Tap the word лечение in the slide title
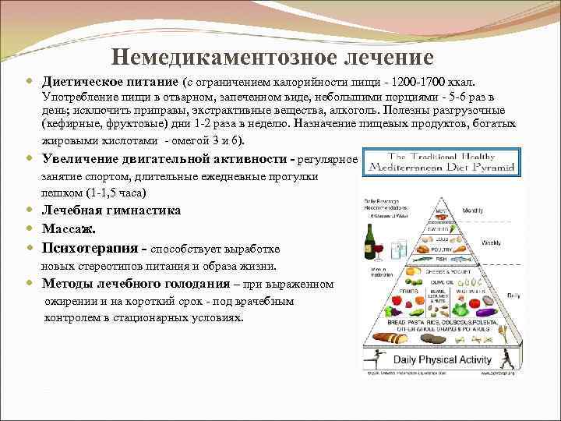click(385, 57)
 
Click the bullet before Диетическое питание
click(30, 81)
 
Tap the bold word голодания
click(193, 283)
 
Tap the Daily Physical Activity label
click(443, 359)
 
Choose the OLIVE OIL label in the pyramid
click(442, 281)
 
